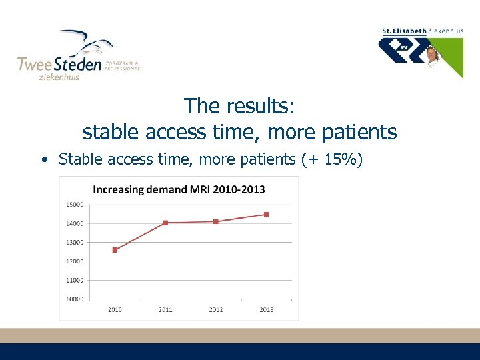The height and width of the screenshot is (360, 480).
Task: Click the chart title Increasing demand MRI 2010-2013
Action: tap(179, 189)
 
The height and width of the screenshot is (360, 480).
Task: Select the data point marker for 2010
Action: tap(115, 250)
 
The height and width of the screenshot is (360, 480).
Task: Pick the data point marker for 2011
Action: tap(165, 223)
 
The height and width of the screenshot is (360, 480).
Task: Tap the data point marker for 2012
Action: tap(216, 221)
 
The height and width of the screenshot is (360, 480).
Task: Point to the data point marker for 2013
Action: tap(266, 215)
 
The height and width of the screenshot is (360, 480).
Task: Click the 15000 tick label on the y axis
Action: tap(75, 204)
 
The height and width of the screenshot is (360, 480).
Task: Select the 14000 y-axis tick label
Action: tap(75, 223)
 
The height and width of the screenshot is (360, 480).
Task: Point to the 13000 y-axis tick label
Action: tap(75, 242)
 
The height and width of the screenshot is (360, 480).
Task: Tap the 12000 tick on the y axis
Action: tap(75, 261)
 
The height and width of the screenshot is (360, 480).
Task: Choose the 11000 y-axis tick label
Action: tap(75, 280)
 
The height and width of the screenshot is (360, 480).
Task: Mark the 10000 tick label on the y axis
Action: tap(75, 299)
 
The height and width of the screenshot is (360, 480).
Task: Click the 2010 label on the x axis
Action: tap(115, 309)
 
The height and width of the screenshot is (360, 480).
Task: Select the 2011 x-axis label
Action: tap(165, 309)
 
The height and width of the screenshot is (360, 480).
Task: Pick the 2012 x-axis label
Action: tap(216, 309)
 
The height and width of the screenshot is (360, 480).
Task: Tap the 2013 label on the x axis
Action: tap(266, 309)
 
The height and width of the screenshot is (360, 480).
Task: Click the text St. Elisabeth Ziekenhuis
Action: tap(421, 31)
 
